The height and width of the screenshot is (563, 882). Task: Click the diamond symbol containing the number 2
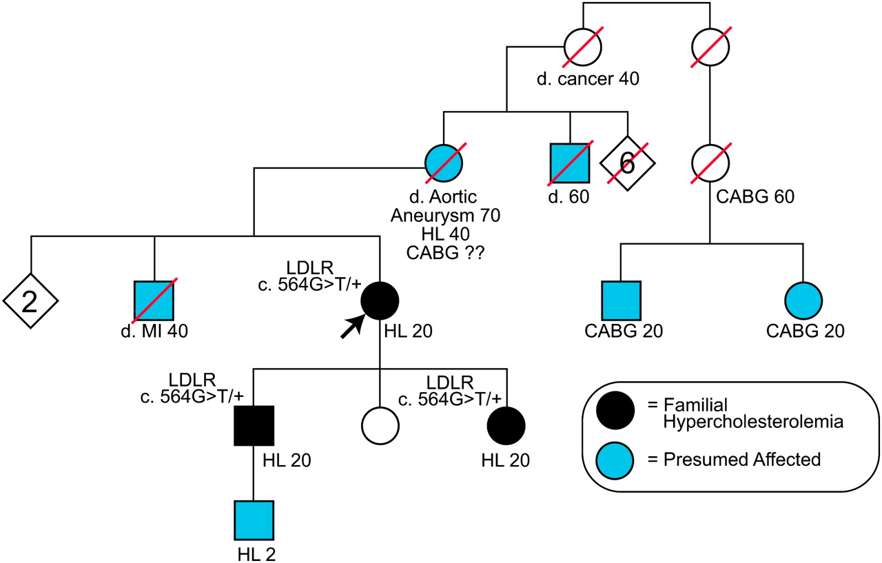tap(30, 301)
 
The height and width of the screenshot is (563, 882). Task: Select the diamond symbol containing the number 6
tap(627, 163)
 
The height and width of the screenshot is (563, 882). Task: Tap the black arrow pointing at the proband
tap(351, 327)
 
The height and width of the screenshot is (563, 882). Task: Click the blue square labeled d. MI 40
tap(154, 301)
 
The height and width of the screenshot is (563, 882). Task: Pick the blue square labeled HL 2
tap(254, 521)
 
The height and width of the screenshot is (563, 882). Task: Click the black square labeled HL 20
tap(254, 425)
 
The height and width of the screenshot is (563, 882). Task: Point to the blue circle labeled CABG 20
tap(803, 301)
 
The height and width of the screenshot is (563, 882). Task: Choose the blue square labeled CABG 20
tap(620, 301)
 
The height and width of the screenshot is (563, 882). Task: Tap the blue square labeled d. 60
tap(570, 163)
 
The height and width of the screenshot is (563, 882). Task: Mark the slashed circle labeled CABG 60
tap(711, 163)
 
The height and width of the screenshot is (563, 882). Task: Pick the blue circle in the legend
tap(617, 460)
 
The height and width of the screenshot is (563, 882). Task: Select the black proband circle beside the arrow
tap(380, 301)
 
